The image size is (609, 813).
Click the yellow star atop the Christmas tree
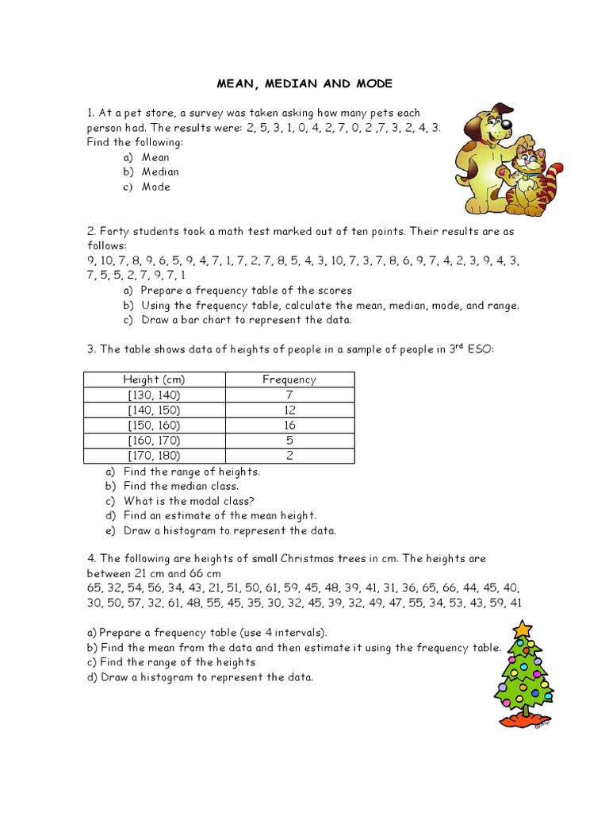(x=521, y=630)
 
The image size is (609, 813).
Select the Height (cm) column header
(x=154, y=380)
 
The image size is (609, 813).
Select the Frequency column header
(x=289, y=380)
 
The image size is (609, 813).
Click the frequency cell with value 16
(x=289, y=425)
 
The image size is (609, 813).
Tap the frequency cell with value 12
(x=289, y=410)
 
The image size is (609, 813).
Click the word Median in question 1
(x=160, y=171)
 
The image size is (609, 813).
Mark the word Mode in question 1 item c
(x=156, y=187)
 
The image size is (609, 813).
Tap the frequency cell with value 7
(x=289, y=395)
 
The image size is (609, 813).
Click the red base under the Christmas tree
(x=524, y=720)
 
